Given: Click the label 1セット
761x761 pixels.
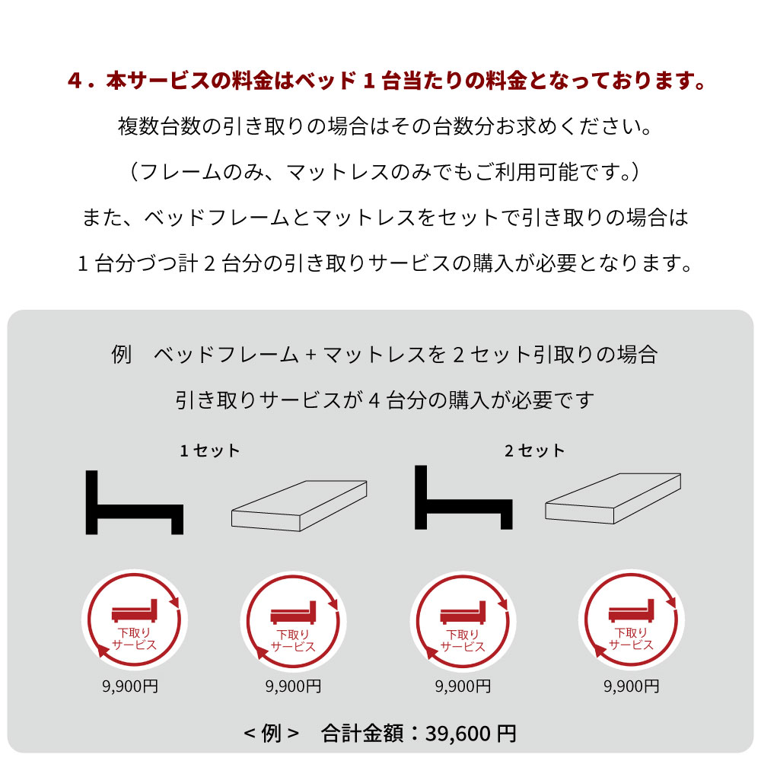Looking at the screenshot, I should point(210,451).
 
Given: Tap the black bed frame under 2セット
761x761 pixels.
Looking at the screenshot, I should point(463,499).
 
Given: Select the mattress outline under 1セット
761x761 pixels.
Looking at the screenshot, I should point(298,505).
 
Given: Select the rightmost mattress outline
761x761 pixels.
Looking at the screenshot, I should point(613,500).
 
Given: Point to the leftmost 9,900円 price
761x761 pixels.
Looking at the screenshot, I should point(130,686).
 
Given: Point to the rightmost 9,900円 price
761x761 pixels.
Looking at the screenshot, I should point(631,686).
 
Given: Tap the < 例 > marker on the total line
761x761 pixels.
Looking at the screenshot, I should point(272,734).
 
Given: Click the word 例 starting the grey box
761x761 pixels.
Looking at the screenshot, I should point(122,355).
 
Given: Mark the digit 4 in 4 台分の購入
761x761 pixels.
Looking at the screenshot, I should point(374,400).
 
